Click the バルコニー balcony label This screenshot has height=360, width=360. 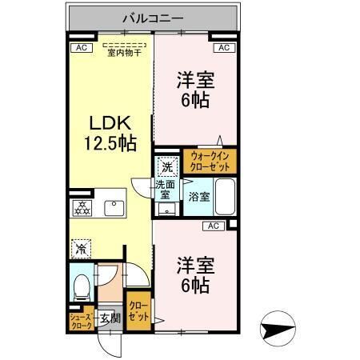pos(153,15)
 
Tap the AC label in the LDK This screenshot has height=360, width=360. pos(80,48)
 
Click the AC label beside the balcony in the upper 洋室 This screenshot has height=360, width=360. pos(225,48)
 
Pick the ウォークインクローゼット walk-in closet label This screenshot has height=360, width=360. pos(210,162)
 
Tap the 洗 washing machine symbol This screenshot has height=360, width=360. pos(166,169)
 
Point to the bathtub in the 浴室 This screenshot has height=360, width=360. pos(225,198)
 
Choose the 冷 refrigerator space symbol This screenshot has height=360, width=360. pos(81,248)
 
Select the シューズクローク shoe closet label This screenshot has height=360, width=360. pos(81,322)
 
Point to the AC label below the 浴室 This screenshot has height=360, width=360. pos(214,226)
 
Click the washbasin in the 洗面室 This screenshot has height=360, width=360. pos(166,210)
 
